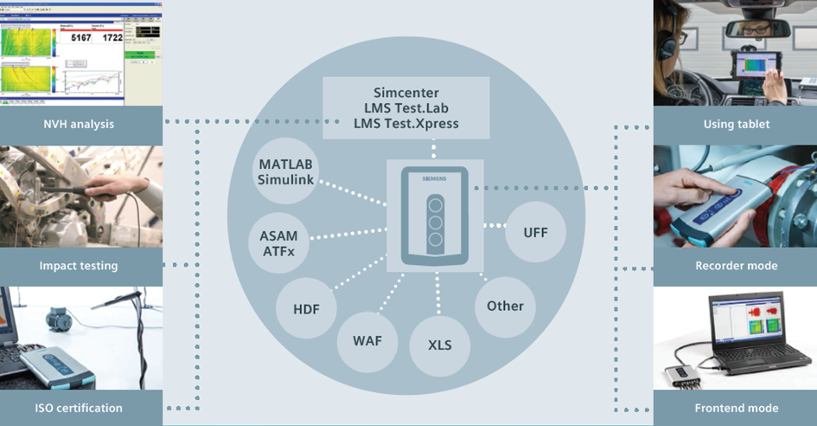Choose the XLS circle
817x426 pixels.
point(439,344)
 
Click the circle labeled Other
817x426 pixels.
point(505,306)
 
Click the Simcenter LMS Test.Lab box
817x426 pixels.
point(406,107)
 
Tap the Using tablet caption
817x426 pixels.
point(736,124)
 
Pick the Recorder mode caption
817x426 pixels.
point(736,266)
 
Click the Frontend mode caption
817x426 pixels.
point(736,407)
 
